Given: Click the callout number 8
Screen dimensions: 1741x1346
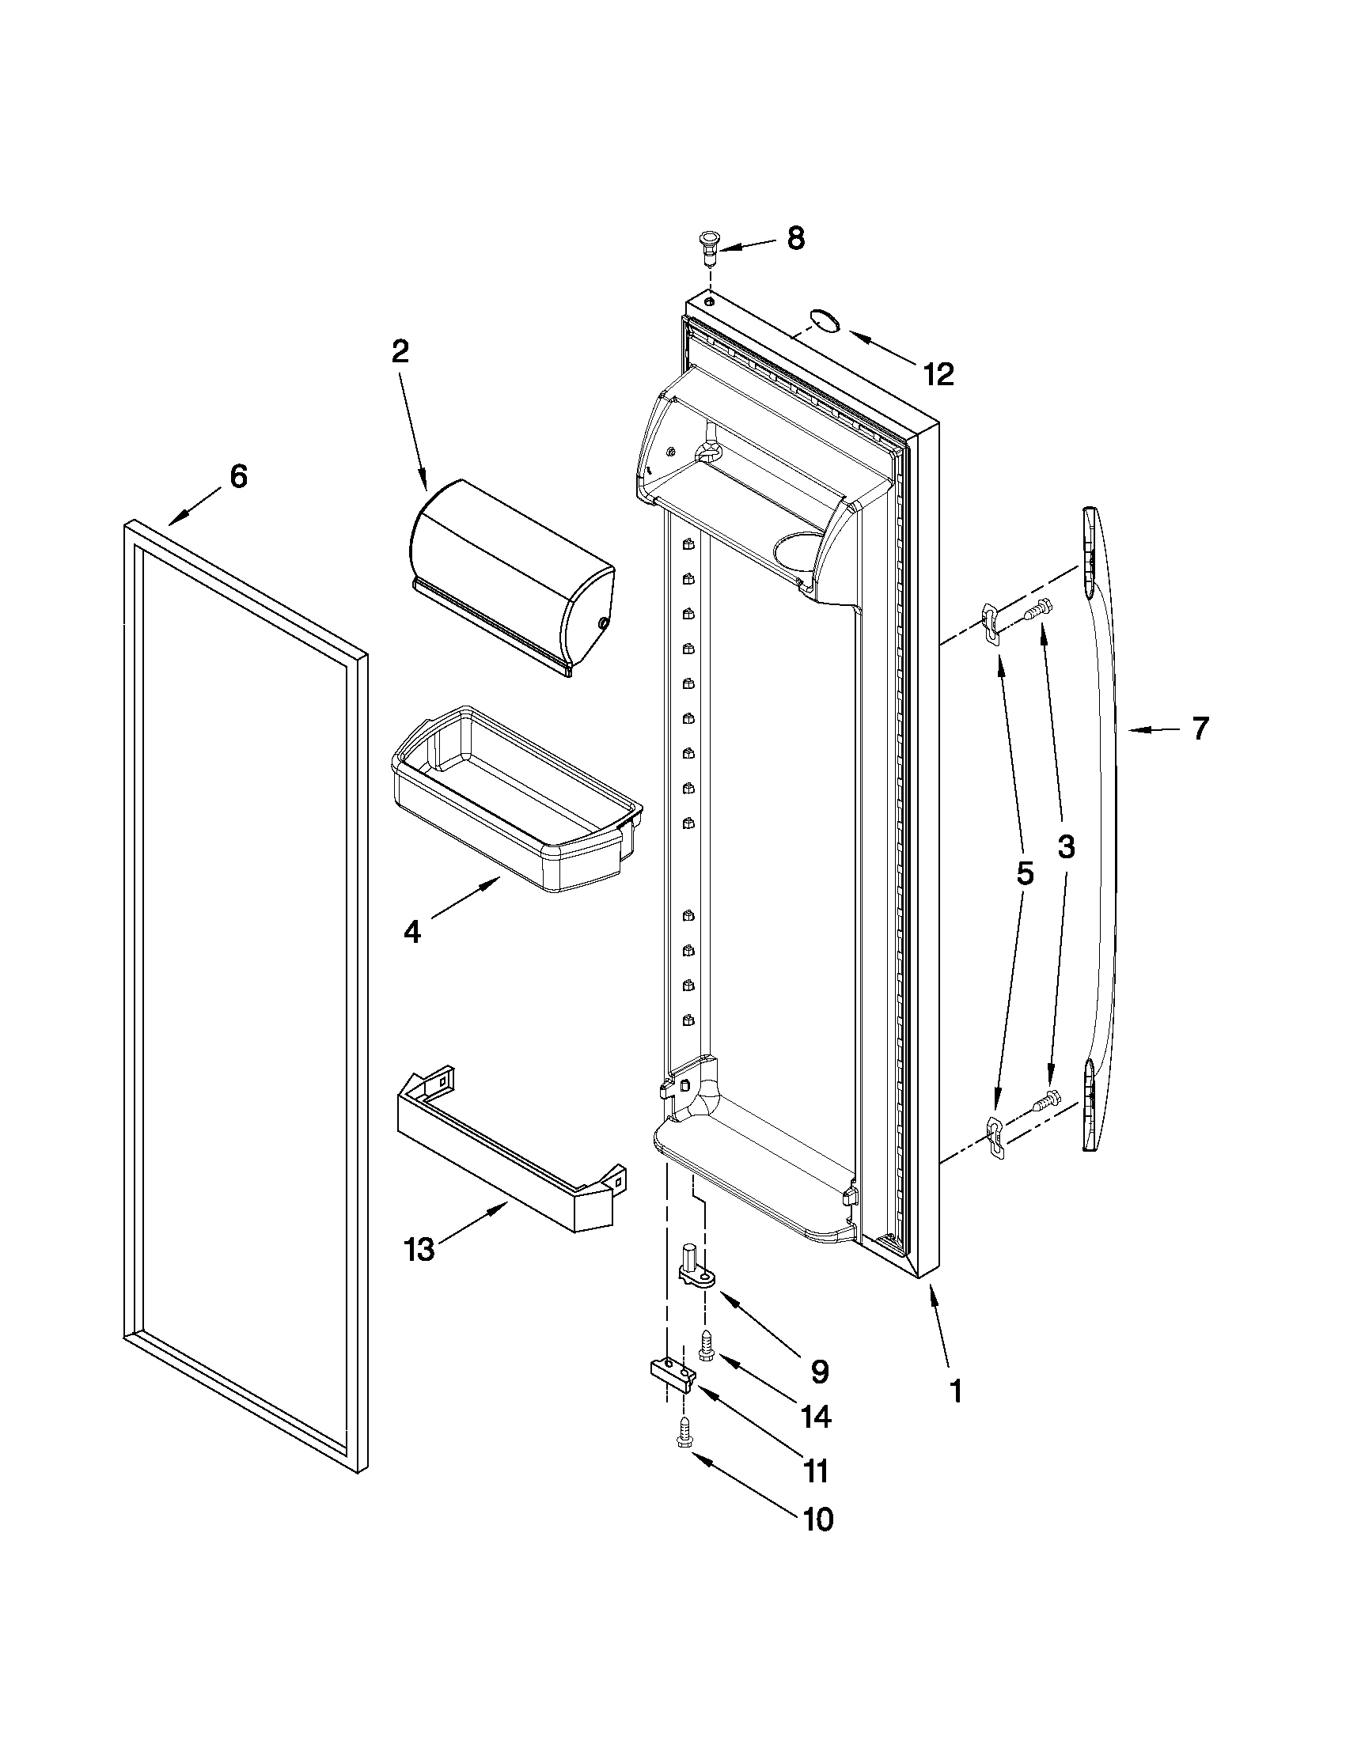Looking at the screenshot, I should pyautogui.click(x=795, y=238).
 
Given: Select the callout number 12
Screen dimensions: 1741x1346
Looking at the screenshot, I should pyautogui.click(x=938, y=374).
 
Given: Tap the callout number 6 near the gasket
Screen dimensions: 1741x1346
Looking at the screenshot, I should pyautogui.click(x=238, y=476).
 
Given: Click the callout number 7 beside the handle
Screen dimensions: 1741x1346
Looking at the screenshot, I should pyautogui.click(x=1200, y=729).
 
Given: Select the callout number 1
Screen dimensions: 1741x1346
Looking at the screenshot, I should pyautogui.click(x=955, y=1392).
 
